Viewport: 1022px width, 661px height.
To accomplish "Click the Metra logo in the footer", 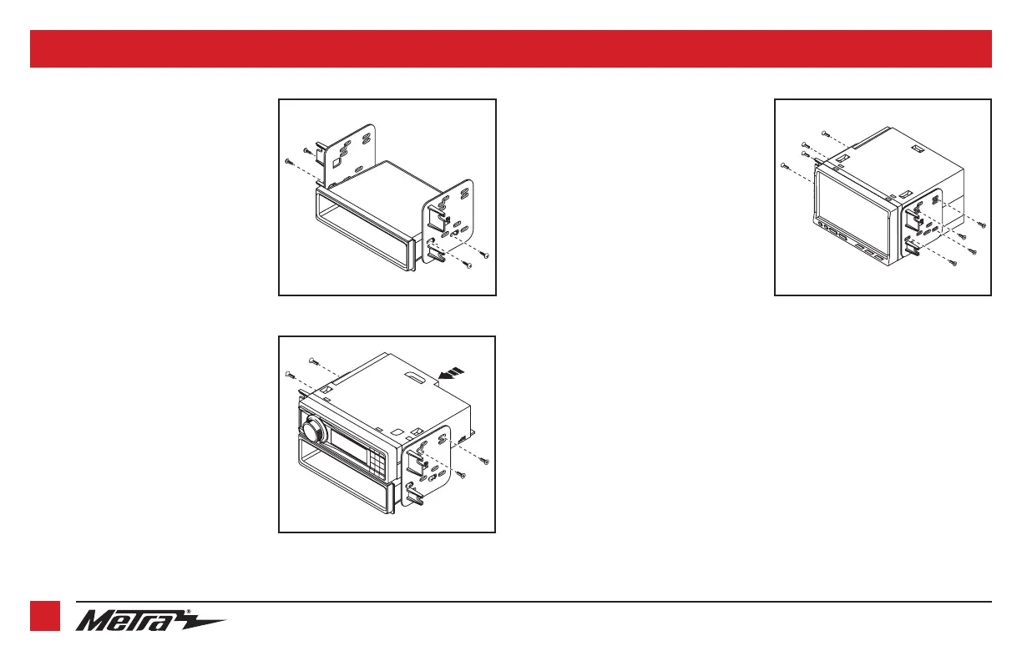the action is coord(150,620).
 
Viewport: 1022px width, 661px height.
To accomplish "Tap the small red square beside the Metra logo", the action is coord(45,617).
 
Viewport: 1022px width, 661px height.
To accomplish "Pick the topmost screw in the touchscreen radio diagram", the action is coord(824,133).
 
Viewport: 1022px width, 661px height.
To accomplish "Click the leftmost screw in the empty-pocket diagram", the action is coord(286,159).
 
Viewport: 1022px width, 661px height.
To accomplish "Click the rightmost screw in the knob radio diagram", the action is coord(487,462).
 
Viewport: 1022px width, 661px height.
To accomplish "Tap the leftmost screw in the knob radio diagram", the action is coord(286,372).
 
